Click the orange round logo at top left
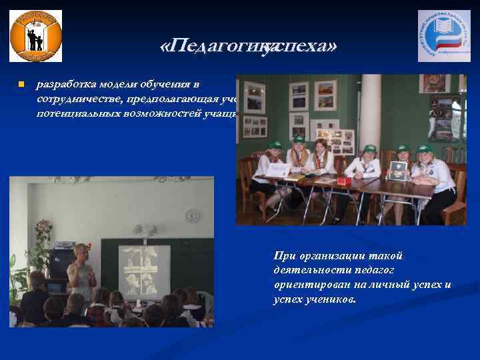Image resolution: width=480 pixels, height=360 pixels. pos(35,36)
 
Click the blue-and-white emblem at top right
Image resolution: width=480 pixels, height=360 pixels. pos(443,36)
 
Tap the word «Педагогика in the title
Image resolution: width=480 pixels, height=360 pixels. pos(212,46)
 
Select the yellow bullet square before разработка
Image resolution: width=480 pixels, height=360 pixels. pos(21,85)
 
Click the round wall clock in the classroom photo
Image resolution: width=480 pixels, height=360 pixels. pos(192,215)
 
